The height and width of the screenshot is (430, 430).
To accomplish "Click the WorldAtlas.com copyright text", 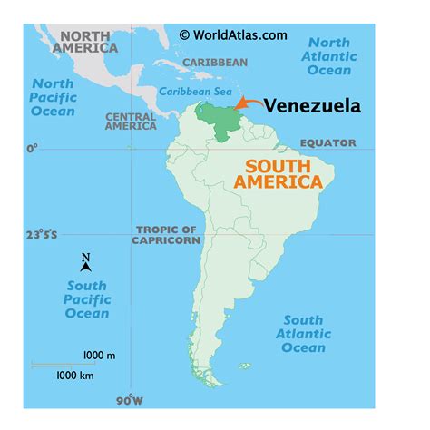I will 233,34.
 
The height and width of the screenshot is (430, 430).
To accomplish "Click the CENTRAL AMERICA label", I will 131,122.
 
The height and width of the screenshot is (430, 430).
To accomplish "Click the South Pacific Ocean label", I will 86,299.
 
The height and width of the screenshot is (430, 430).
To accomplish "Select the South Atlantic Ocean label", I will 303,334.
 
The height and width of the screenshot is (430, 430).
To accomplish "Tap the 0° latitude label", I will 34,147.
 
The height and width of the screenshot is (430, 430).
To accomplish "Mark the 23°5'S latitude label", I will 41,235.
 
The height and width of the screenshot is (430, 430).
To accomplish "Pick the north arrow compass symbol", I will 85,263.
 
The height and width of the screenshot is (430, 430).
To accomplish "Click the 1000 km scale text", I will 76,374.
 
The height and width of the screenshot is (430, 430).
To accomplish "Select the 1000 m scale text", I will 99,355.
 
